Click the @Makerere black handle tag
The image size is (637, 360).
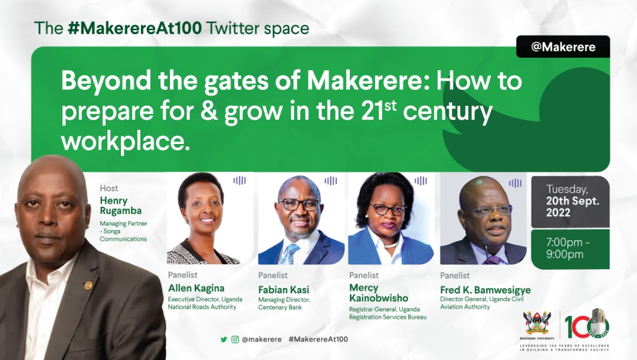coord(563,47)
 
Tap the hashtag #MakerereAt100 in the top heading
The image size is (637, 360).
coord(135,28)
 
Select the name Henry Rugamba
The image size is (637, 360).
coord(121,205)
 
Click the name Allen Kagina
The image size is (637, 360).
coord(196,288)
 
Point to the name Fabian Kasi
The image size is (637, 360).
coord(284,290)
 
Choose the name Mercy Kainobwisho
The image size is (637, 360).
coord(379,293)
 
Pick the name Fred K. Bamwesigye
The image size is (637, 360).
coord(485,290)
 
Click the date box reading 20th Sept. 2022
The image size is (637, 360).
coord(570,201)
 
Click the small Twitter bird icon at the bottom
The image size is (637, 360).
coord(224,339)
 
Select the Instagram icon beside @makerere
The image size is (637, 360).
coord(235,339)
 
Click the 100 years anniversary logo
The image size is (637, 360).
coord(587,324)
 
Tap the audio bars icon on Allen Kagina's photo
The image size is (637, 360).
coord(239,181)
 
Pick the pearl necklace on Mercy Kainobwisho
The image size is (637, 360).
coord(391,244)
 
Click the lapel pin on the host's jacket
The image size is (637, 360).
coord(88,285)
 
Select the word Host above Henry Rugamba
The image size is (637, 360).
coord(109,188)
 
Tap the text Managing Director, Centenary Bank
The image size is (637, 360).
coord(284,303)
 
